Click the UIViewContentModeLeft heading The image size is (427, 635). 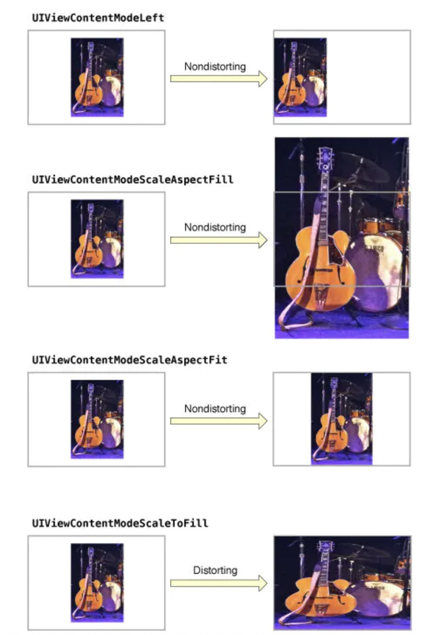98,18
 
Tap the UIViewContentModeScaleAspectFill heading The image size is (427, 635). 133,180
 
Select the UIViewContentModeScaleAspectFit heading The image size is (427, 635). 130,360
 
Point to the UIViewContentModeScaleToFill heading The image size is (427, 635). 120,523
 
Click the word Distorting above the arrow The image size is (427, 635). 215,570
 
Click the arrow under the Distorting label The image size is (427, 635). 219,583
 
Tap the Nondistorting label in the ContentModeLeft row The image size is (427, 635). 215,67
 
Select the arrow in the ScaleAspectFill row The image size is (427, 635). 219,240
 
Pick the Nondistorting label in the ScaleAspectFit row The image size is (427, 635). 215,409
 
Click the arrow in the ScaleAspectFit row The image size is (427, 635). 219,421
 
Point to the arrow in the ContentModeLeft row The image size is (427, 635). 219,79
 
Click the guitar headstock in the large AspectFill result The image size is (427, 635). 325,159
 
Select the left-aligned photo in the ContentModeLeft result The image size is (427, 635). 300,77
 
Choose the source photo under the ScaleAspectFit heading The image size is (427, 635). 97,419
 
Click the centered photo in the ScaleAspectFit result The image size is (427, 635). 342,419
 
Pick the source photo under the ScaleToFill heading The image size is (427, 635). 97,583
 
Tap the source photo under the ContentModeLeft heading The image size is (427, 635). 97,77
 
